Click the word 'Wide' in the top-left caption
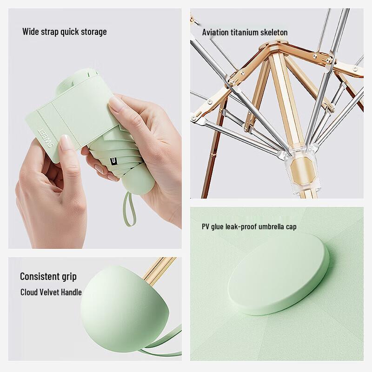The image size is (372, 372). point(31,32)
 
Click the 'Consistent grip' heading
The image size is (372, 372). point(48,276)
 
